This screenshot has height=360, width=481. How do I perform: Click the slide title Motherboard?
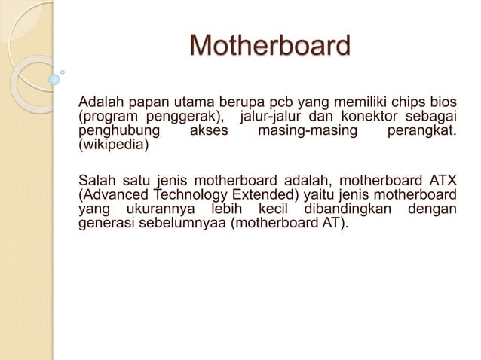[x=270, y=46]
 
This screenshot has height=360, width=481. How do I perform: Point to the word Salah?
[x=98, y=179]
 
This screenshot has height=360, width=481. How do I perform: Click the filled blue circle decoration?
[x=54, y=79]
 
